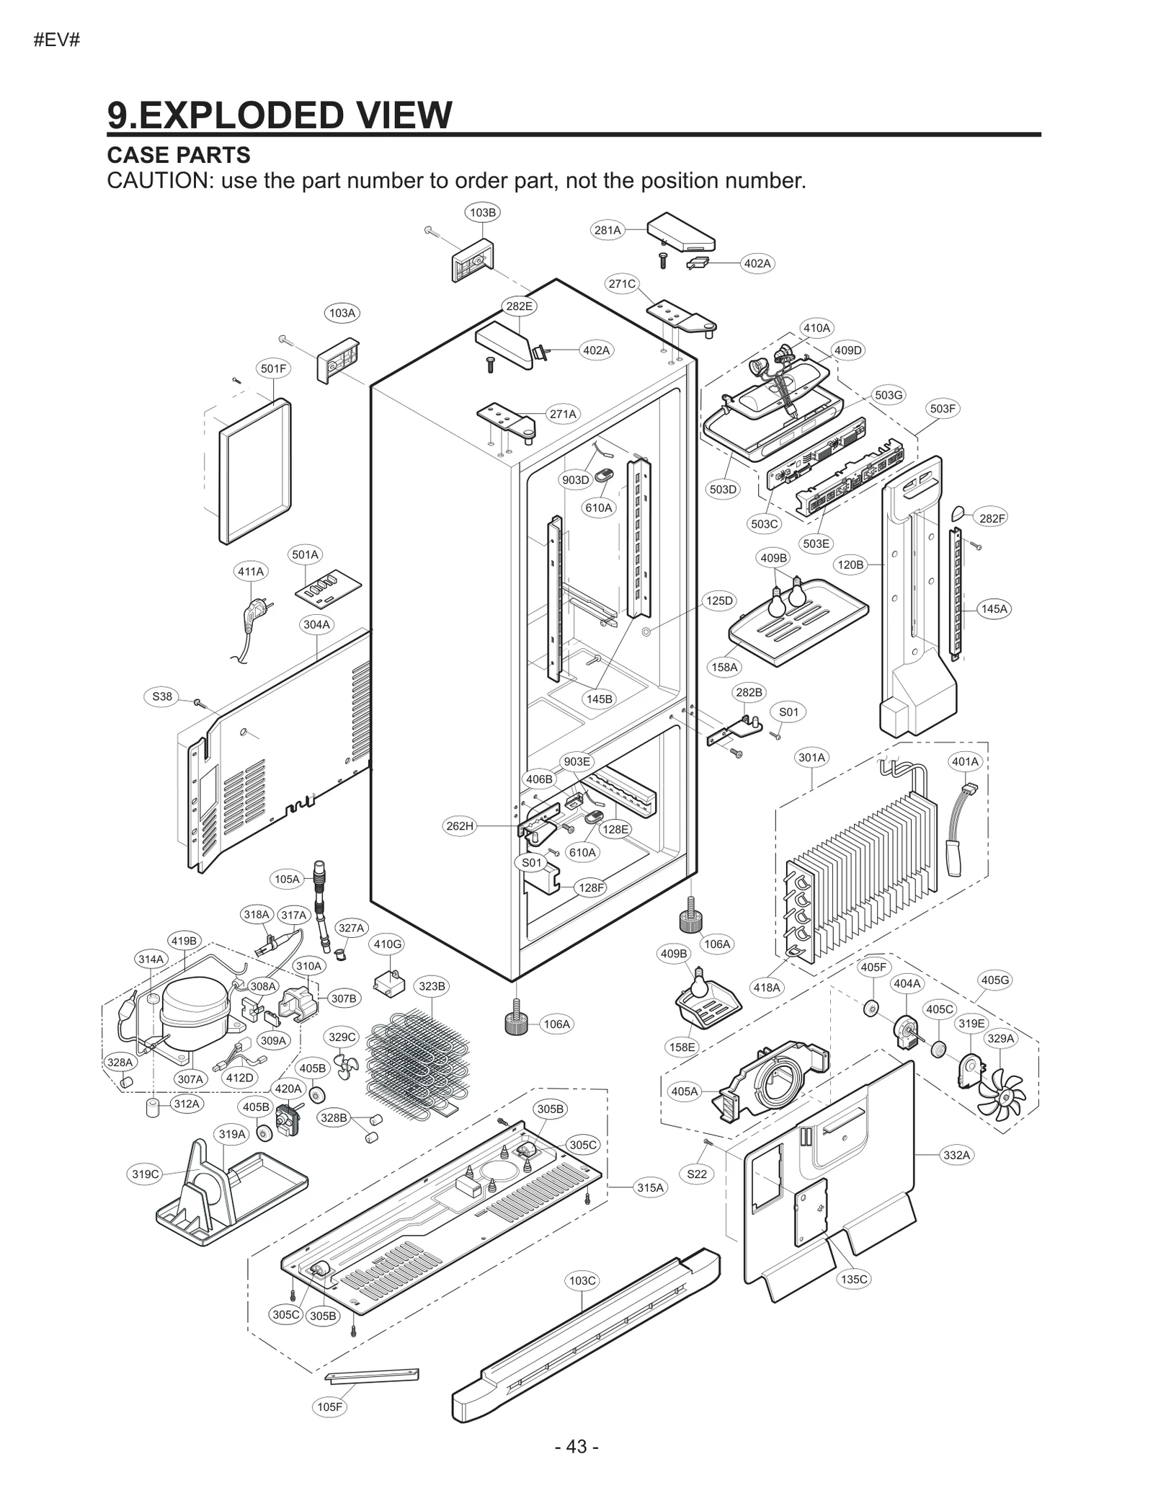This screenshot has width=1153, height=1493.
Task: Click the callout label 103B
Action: (482, 212)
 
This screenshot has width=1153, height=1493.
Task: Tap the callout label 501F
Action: (273, 368)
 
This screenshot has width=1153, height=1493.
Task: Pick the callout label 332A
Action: (956, 1155)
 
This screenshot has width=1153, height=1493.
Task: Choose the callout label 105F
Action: (330, 1406)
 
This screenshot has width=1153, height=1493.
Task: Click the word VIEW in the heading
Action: (386, 115)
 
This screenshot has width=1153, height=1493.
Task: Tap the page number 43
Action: (576, 1446)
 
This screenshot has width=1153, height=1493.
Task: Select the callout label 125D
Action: (718, 601)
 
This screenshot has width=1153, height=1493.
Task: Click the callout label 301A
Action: (811, 757)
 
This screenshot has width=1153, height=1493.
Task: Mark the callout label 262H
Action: (460, 825)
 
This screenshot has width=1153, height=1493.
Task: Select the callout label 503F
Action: (942, 409)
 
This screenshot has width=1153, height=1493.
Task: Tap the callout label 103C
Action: (582, 1280)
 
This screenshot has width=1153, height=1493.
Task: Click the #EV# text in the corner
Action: (57, 40)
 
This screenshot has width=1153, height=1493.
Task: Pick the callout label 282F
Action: (992, 518)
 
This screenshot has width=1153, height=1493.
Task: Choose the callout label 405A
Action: (685, 1091)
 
